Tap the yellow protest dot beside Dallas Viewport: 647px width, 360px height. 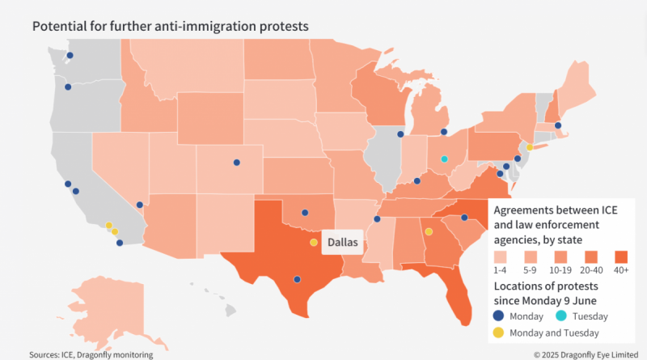[313, 242]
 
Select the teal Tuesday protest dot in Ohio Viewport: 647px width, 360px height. [444, 159]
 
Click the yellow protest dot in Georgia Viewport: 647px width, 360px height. [429, 231]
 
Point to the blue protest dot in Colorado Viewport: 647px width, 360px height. [237, 163]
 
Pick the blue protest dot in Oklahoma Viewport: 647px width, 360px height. [305, 214]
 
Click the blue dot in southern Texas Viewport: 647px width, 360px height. [298, 279]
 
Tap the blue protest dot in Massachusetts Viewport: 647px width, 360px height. [558, 125]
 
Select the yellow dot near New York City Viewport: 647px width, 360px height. [530, 147]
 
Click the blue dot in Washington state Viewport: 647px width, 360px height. [70, 56]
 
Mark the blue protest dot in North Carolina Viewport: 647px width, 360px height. [465, 218]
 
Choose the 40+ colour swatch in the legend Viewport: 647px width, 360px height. [621, 257]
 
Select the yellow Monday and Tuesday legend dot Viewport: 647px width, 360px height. [499, 332]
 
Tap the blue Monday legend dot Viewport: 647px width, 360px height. [499, 316]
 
